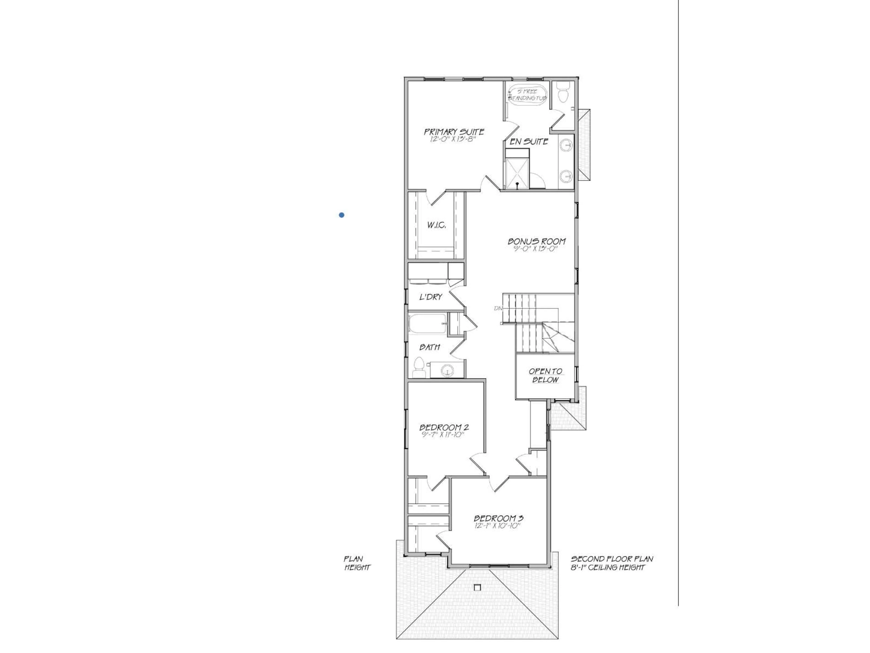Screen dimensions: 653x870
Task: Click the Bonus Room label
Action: pos(536,241)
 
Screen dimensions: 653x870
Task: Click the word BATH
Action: pos(430,347)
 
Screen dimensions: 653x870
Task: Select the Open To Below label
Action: pos(545,375)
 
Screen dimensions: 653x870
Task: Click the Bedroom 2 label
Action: pos(444,427)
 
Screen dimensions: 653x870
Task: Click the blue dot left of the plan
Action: pos(341,215)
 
